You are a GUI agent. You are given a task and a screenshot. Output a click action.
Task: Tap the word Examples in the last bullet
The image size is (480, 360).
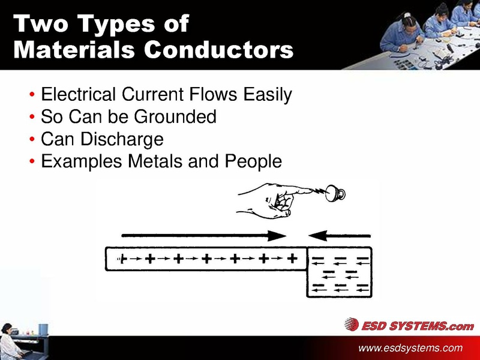(x=76, y=162)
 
